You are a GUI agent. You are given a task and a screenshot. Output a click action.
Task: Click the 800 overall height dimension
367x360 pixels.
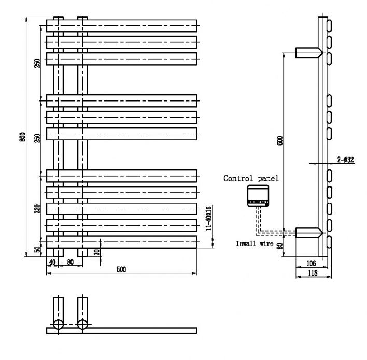[x=22, y=136]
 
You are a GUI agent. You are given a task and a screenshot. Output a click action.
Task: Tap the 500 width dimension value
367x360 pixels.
[x=121, y=269]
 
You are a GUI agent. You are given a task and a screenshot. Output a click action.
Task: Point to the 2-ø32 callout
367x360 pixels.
[x=345, y=160]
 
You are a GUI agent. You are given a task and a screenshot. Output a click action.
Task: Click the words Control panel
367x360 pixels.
[x=251, y=178]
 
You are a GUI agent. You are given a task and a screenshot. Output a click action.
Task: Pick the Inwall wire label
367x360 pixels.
[x=254, y=243]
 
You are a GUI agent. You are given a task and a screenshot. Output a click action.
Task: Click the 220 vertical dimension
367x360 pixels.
[x=37, y=209]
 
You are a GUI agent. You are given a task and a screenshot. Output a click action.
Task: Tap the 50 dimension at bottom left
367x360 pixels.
[x=37, y=249]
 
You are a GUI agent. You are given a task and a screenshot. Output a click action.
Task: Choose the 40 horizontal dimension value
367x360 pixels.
[x=52, y=262]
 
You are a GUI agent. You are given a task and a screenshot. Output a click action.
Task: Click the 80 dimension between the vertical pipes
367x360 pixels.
[x=69, y=262]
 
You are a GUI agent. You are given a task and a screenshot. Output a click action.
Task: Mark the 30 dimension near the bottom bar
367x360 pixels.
[x=97, y=252]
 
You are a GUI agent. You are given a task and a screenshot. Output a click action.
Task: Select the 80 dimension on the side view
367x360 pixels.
[x=279, y=246]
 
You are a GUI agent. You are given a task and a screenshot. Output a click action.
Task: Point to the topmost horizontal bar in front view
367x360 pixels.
[x=122, y=25]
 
